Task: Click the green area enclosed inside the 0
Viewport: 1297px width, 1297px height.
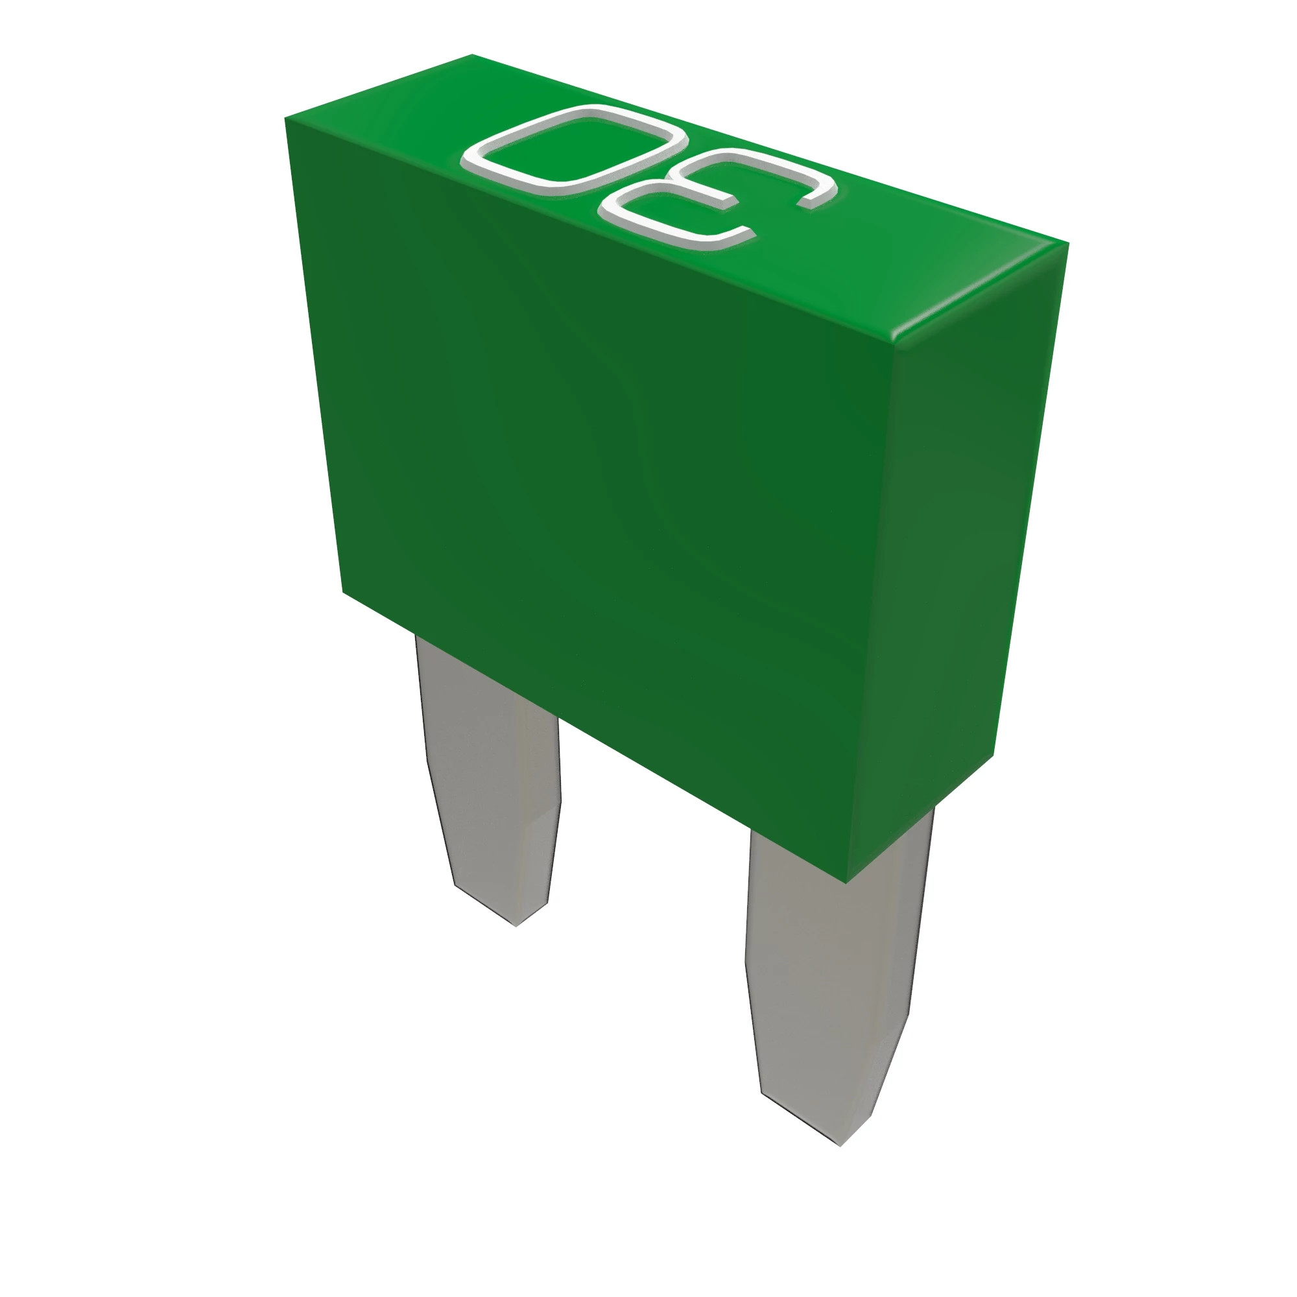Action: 576,148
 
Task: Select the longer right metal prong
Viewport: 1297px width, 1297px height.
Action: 833,973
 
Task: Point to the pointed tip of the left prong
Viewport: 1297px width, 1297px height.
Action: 517,925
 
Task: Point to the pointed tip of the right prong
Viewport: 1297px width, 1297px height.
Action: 840,1144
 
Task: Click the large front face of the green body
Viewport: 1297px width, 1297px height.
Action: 604,470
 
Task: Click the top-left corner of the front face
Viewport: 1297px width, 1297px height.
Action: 286,119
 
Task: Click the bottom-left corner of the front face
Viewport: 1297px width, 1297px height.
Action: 343,592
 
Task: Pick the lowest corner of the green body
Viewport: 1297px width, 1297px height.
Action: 846,882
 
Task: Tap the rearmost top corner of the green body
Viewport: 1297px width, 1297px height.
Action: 472,55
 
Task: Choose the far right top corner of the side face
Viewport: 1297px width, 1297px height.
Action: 1067,244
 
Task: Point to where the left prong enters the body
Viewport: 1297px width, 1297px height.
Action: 483,678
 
